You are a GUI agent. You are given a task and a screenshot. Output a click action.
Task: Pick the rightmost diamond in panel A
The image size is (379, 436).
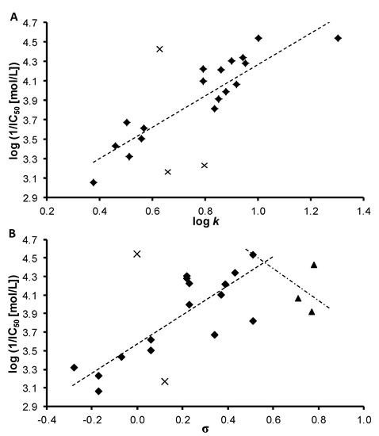coord(338,38)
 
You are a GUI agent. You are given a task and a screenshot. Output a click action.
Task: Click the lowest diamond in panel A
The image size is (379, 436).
coord(94,182)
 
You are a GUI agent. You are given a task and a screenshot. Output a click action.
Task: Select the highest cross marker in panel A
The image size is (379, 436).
coord(159,49)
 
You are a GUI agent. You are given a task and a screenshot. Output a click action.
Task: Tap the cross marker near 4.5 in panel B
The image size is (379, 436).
coord(137,254)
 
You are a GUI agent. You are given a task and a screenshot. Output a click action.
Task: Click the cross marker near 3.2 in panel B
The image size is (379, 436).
coord(165,381)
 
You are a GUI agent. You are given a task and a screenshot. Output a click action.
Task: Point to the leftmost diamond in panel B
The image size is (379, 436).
coord(74,368)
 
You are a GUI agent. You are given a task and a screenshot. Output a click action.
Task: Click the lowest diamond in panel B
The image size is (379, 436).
coord(98,391)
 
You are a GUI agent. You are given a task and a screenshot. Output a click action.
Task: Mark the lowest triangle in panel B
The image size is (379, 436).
coord(312,312)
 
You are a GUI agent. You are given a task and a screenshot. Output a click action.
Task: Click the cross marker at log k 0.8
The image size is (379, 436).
coord(205,166)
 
